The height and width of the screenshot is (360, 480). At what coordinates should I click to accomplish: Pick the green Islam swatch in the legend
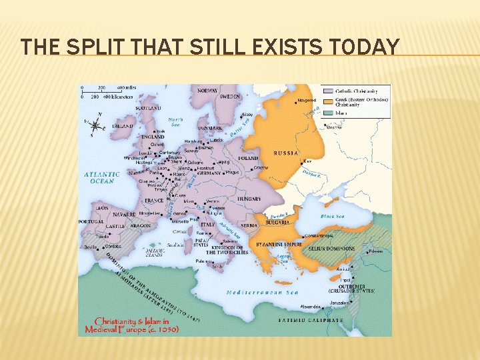(x=329, y=113)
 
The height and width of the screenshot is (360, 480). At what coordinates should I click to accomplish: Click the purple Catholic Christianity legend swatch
(x=329, y=91)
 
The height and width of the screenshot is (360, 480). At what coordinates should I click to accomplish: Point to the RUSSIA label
(x=286, y=153)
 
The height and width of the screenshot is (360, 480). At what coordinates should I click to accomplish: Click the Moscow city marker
(x=325, y=126)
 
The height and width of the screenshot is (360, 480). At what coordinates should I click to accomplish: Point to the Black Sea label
(x=332, y=217)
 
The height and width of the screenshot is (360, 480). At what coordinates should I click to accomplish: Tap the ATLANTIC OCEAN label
(x=102, y=177)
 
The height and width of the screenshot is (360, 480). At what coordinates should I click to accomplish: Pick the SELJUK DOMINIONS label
(x=332, y=249)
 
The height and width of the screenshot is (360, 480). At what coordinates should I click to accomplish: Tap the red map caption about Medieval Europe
(x=131, y=325)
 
